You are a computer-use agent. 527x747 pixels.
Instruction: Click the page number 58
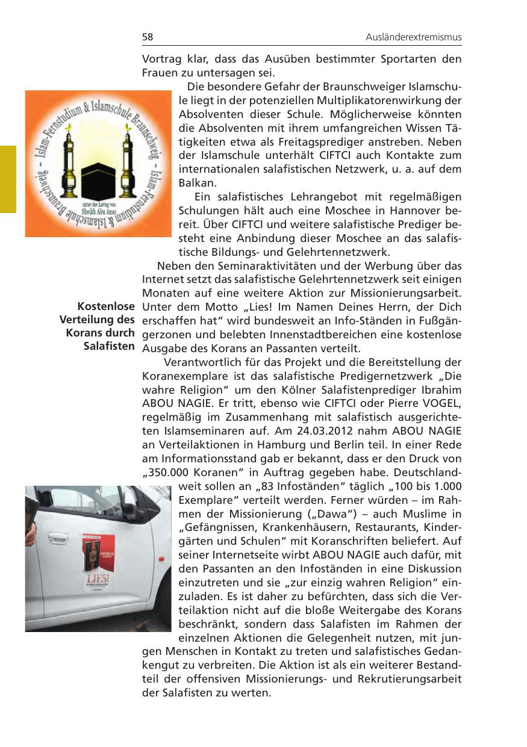(148, 37)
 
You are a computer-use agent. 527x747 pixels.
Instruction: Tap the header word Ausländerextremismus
(413, 37)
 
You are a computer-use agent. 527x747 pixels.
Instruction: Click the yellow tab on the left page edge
(8, 179)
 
